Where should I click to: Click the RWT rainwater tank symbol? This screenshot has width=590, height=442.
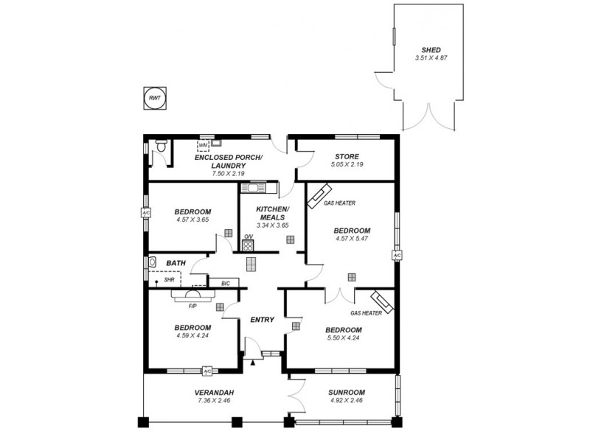click(x=154, y=98)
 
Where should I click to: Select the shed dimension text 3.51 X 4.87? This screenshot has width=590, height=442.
click(x=432, y=57)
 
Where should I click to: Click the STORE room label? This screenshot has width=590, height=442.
click(x=346, y=156)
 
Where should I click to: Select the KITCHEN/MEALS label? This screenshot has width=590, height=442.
click(x=271, y=214)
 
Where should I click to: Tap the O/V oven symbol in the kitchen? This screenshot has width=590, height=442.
click(x=249, y=244)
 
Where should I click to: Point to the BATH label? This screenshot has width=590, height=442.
click(x=176, y=262)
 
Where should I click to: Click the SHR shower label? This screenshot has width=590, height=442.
click(x=169, y=280)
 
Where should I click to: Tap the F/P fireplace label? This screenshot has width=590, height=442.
click(x=192, y=305)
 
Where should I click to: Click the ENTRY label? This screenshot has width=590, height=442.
click(x=263, y=320)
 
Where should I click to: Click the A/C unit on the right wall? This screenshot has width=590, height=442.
click(x=397, y=256)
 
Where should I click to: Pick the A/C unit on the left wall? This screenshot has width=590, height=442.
click(x=145, y=214)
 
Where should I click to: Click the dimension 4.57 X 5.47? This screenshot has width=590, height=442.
click(x=352, y=238)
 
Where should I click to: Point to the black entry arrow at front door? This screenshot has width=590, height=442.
click(x=254, y=362)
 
